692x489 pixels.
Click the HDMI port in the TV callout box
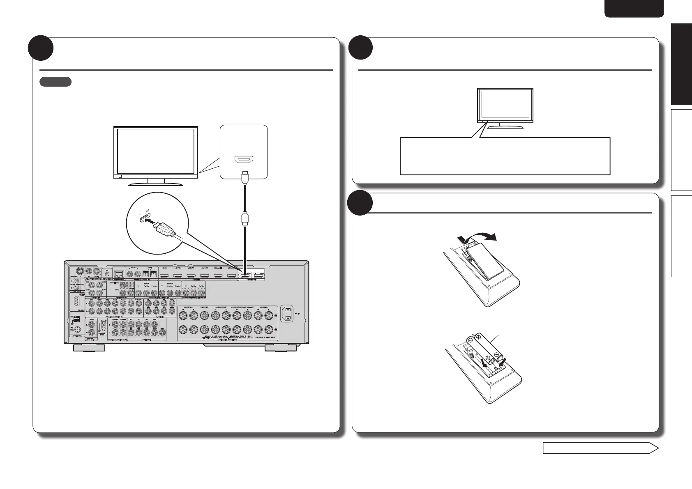[x=245, y=160]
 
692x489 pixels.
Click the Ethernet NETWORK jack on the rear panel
[x=119, y=273]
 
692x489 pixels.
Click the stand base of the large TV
[x=156, y=183]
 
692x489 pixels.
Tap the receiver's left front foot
[x=88, y=348]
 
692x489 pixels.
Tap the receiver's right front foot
[x=281, y=348]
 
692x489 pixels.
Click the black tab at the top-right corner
[x=634, y=9]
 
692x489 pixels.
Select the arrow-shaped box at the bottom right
[x=600, y=448]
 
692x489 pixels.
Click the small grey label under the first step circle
[x=55, y=82]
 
